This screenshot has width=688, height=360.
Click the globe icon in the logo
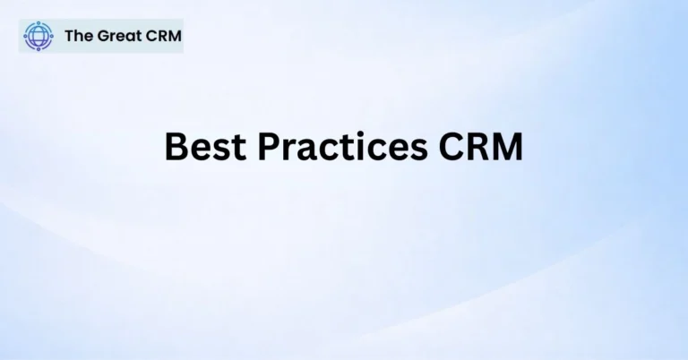[x=38, y=37]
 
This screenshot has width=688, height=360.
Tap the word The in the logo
[x=77, y=37]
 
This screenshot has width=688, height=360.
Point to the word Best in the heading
[x=202, y=146]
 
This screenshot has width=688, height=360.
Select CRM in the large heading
[x=481, y=146]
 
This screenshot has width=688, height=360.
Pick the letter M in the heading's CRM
[x=507, y=146]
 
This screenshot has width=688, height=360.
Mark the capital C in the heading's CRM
[x=453, y=146]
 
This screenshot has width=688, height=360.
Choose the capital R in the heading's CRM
[x=479, y=146]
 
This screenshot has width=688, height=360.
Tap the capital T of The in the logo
[x=69, y=37]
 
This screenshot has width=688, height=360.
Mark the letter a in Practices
[x=302, y=150]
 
